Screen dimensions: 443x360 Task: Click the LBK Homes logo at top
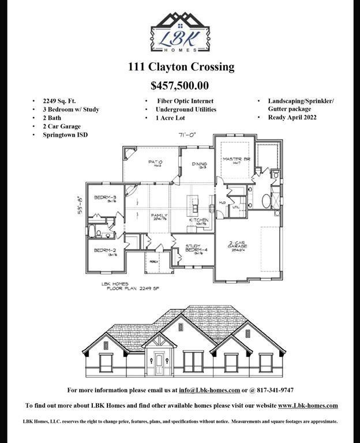[180, 32]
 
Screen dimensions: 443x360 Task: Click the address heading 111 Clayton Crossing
[181, 67]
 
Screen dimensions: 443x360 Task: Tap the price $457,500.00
[179, 86]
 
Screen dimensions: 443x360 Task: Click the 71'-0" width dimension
[188, 135]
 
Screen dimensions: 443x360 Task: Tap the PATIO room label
[155, 163]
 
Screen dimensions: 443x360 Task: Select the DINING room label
[200, 164]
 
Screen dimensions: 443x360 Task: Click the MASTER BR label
[235, 160]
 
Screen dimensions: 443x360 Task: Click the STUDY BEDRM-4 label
[193, 249]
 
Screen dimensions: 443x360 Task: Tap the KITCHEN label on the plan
[199, 220]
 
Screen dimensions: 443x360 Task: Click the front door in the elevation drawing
[159, 363]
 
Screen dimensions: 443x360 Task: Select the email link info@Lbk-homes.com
[209, 390]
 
